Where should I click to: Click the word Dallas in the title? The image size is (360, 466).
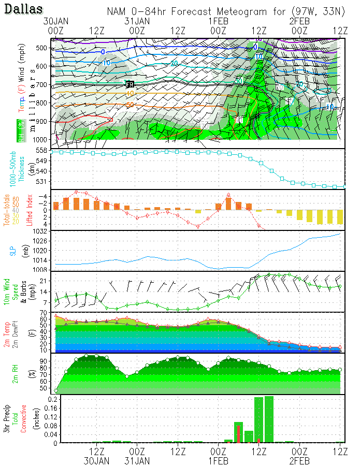(x=24, y=9)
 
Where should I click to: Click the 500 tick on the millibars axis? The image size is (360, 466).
(x=41, y=48)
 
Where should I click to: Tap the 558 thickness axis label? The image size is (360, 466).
(x=41, y=150)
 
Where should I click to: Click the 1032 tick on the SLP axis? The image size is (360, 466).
(x=39, y=231)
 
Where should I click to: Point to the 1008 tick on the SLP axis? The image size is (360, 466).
(x=39, y=269)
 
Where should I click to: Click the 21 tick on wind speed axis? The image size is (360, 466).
(x=42, y=281)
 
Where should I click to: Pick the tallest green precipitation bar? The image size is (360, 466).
(x=269, y=419)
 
